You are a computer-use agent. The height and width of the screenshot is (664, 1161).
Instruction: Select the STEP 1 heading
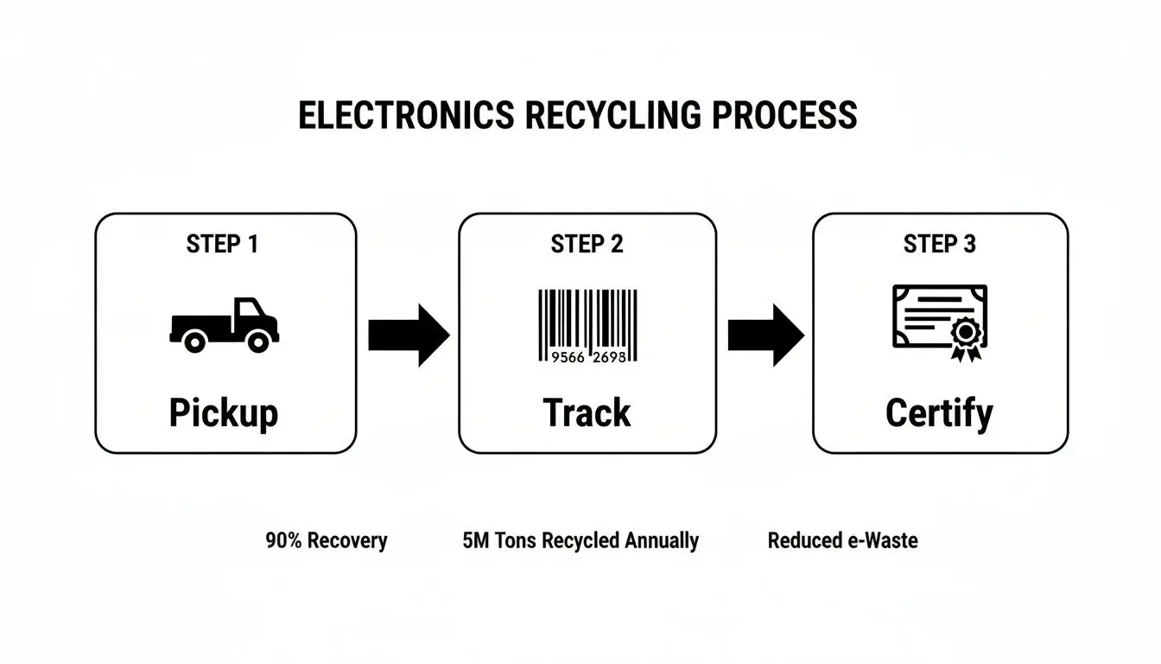point(222,245)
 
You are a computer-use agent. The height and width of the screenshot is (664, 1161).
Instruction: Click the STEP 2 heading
point(587,245)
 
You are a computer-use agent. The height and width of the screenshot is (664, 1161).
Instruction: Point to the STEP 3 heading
point(940,245)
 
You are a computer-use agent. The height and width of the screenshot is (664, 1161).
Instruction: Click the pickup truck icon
point(225,325)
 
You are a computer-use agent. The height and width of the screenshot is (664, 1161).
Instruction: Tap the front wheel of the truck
point(257,342)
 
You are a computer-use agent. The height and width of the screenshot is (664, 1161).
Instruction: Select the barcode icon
point(587,325)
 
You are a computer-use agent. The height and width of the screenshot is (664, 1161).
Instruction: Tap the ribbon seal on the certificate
point(964,337)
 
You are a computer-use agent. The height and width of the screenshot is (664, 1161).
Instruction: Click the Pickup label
point(224,413)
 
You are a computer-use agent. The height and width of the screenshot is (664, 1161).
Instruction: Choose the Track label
point(587,412)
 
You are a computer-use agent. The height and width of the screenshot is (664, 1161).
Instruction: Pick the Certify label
point(939,414)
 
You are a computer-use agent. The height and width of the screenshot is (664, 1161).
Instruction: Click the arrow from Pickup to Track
point(409,335)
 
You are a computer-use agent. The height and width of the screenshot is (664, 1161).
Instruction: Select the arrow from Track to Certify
point(765,335)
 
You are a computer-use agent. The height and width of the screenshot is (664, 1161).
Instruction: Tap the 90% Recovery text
point(327,541)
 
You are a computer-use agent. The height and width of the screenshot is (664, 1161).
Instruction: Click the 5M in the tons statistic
point(475,541)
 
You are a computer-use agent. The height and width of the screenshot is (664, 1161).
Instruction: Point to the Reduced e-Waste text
point(842,541)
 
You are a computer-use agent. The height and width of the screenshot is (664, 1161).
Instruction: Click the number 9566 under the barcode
point(568,357)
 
